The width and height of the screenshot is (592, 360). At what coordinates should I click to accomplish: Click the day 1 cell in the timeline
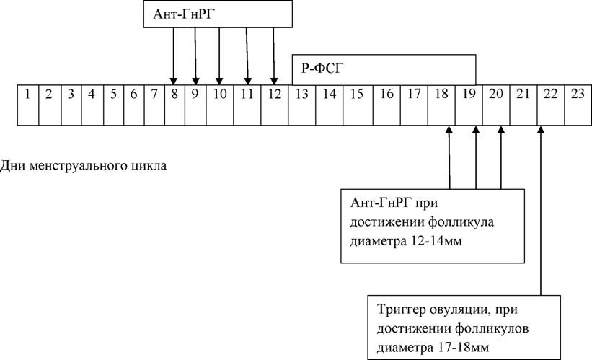click(x=28, y=105)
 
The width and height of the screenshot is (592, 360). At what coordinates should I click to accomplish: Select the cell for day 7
click(x=154, y=105)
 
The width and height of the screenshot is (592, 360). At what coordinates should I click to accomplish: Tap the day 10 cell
click(x=220, y=105)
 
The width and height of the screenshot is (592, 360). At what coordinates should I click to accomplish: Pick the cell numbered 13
click(x=301, y=105)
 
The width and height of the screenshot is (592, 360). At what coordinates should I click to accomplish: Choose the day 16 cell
click(x=386, y=105)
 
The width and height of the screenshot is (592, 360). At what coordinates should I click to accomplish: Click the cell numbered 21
click(x=523, y=105)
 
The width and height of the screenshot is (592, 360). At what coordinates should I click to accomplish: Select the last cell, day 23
click(x=578, y=105)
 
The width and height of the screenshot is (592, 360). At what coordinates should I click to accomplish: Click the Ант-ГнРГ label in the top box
click(x=184, y=14)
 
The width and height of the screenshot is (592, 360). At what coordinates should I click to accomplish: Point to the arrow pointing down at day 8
click(x=173, y=56)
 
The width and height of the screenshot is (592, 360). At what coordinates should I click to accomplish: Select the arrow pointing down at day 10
click(x=219, y=56)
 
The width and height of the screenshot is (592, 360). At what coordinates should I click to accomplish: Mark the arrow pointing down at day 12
click(x=274, y=56)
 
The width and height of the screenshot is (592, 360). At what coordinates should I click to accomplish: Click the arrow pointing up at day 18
click(x=449, y=157)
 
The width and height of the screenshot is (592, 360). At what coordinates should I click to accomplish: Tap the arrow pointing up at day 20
click(x=501, y=157)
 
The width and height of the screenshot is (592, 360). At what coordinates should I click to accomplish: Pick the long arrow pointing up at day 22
click(x=541, y=211)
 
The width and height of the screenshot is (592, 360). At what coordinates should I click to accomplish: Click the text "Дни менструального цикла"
click(x=83, y=166)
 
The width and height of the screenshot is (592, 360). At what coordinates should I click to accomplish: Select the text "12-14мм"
click(x=435, y=241)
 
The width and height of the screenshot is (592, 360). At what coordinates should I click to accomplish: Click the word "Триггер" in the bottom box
click(x=402, y=310)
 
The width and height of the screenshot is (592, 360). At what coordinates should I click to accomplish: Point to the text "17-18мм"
click(x=461, y=348)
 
